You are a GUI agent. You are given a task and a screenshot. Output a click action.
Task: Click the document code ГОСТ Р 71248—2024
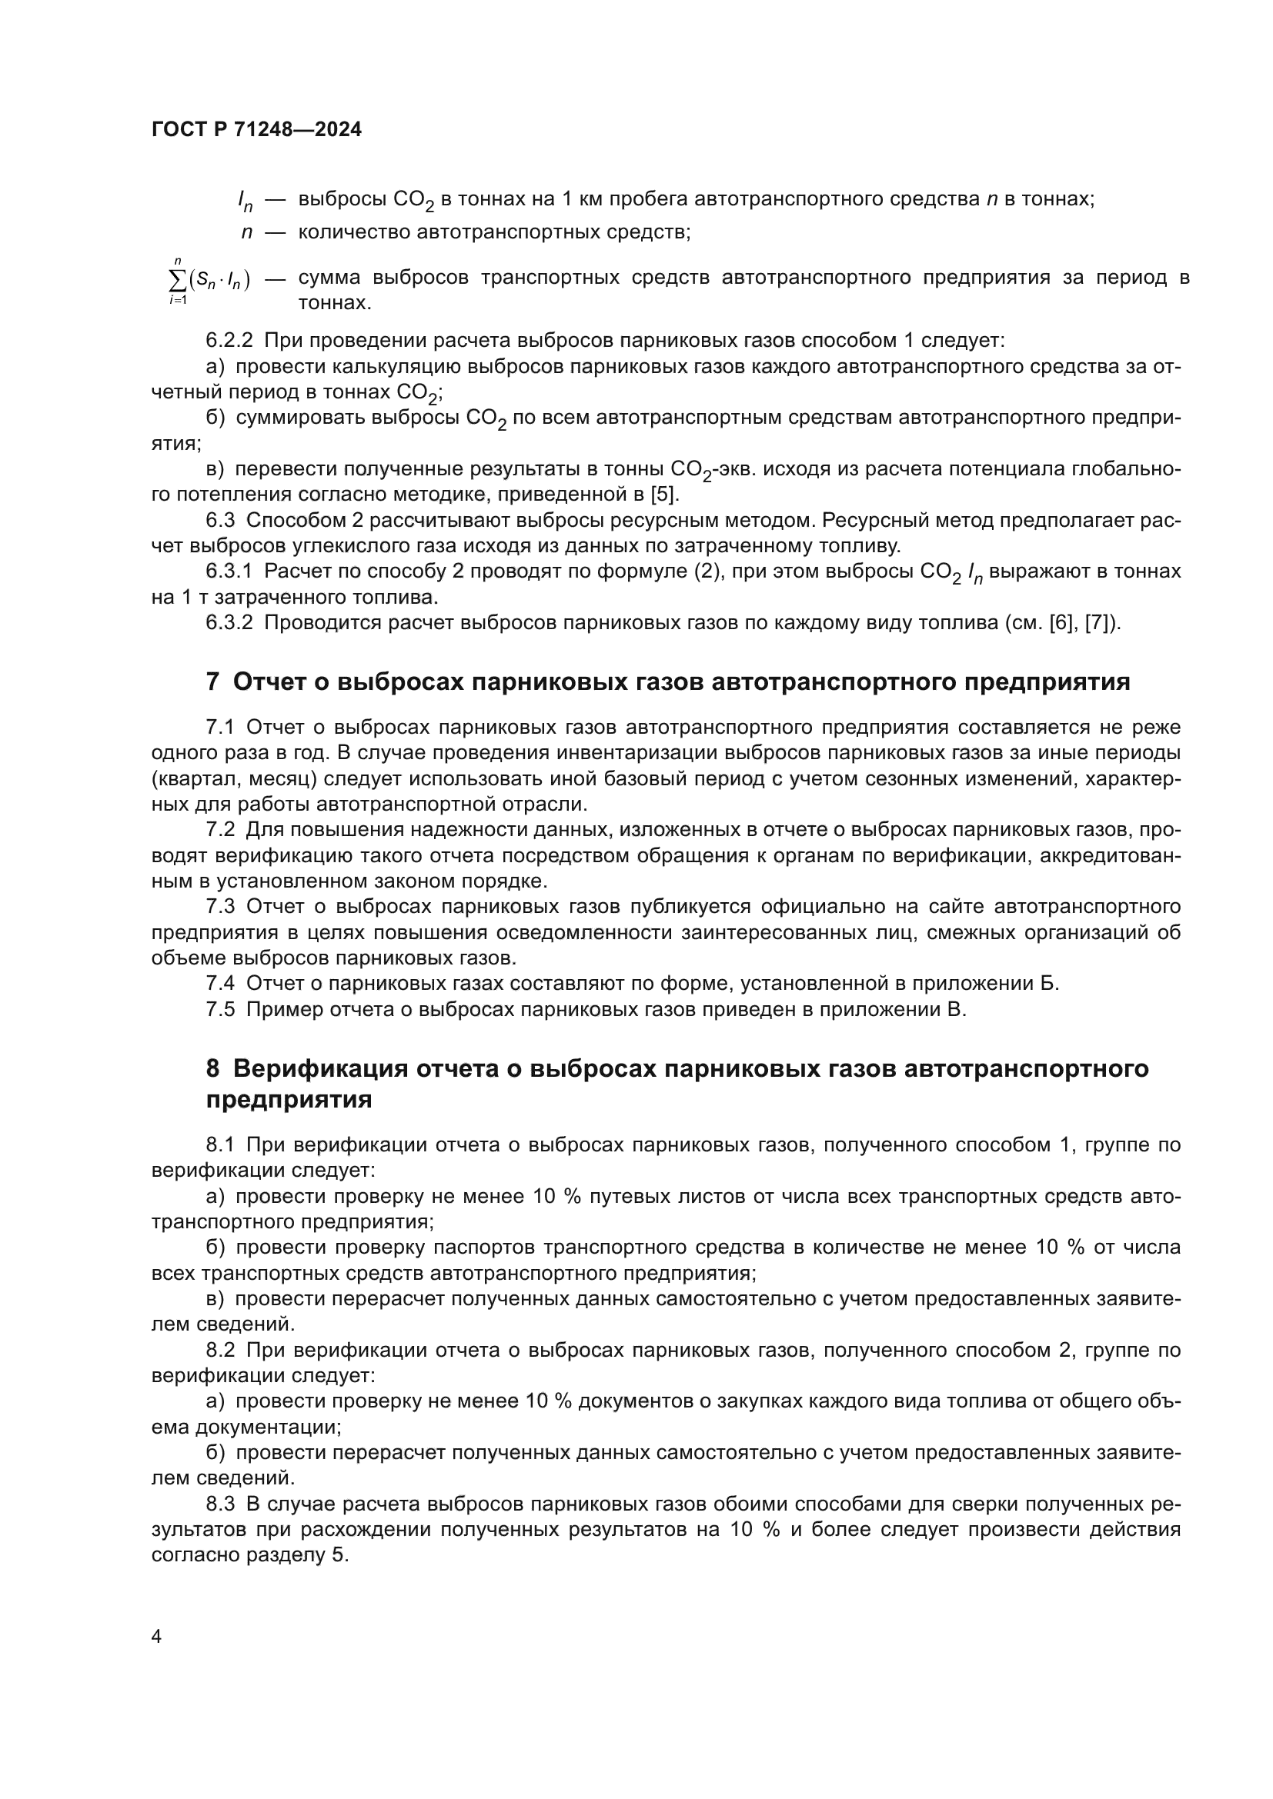coord(256,130)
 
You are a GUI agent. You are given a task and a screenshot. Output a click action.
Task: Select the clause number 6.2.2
coord(229,340)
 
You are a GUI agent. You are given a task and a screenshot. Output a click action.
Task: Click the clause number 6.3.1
coord(229,571)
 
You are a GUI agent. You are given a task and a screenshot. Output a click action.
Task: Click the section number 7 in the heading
coord(212,681)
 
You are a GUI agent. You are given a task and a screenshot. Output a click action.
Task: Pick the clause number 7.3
coord(220,907)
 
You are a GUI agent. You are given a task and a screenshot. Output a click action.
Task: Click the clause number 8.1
coord(220,1144)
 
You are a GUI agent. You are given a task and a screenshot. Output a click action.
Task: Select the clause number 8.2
coord(220,1350)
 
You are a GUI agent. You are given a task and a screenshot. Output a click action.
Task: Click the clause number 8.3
coord(220,1504)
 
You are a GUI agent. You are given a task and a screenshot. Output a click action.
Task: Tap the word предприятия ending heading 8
coord(289,1099)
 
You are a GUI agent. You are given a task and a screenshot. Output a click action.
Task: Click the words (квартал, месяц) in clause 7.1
coord(232,779)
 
